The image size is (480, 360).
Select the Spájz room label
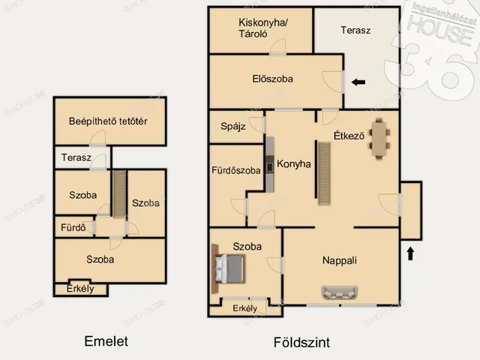coord(233,127)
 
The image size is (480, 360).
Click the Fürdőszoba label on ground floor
coord(235,170)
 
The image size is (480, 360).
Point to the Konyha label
coord(293,164)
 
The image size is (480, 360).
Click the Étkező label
coord(349,136)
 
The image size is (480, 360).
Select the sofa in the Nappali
coord(340,292)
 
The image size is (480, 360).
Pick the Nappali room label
coord(339,261)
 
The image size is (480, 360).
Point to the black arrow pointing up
coord(410,253)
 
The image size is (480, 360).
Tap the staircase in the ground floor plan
coord(325,173)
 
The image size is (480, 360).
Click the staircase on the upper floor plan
coord(117,192)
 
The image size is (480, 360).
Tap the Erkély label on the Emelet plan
coord(79,289)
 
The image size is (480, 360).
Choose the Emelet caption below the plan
coord(106,341)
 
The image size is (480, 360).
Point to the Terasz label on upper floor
coord(76,158)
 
